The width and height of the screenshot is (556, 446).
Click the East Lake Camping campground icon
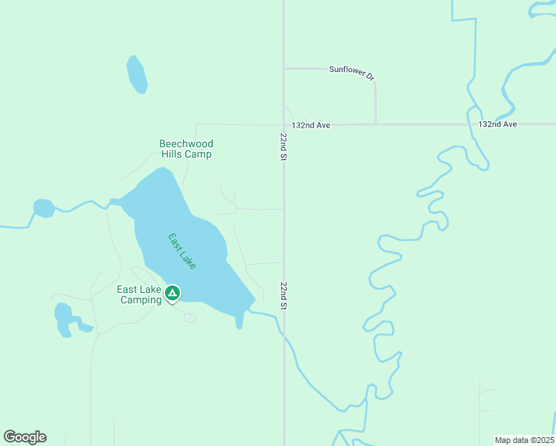coord(172,294)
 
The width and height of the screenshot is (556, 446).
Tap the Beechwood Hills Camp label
coord(186,149)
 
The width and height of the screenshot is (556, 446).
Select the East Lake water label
coord(182,251)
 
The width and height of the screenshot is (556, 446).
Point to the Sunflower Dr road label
coord(352,72)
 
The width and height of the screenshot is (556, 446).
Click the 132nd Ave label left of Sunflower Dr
coord(311,126)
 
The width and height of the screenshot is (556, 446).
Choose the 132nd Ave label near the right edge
coord(497,124)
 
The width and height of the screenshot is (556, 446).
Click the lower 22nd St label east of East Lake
coord(284,296)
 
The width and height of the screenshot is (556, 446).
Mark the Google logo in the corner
coord(25,437)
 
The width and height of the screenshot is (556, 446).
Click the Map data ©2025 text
coord(525,439)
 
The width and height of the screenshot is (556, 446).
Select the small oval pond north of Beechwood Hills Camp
coord(137,74)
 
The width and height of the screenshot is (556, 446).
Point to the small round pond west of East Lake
coord(43,208)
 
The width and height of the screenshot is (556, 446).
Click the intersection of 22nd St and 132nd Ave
coord(283,124)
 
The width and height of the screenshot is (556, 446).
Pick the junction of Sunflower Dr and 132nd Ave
coord(375,124)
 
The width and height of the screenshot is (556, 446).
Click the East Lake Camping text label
coord(139,295)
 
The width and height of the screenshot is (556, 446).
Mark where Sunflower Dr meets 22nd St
coord(283,68)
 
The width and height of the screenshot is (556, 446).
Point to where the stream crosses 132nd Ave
coord(471,124)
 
